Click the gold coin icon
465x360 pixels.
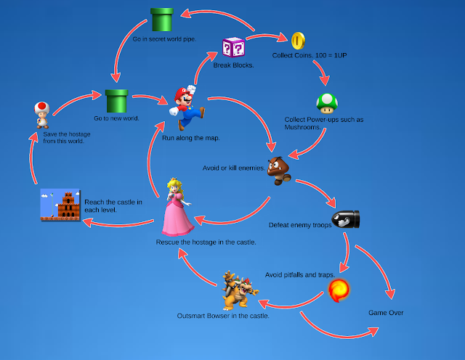click(299, 41)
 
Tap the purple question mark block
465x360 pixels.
click(234, 49)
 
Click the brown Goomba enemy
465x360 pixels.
click(279, 171)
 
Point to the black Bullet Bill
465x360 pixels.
click(346, 220)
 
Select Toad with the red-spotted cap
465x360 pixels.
click(43, 115)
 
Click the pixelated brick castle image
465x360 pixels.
click(60, 205)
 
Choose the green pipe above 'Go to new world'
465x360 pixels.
click(116, 101)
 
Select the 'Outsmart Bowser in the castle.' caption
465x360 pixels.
click(223, 316)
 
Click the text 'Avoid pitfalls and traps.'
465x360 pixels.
click(299, 275)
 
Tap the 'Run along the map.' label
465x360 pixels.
click(190, 137)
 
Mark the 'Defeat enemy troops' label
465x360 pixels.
click(300, 225)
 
